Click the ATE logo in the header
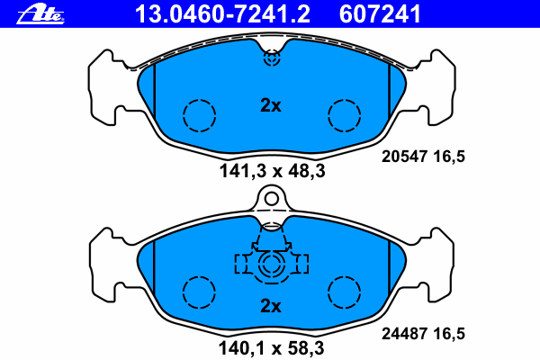pyautogui.click(x=40, y=14)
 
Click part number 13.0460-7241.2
pyautogui.click(x=222, y=14)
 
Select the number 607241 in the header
pyautogui.click(x=380, y=14)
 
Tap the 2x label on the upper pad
pyautogui.click(x=271, y=105)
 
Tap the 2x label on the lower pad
pyautogui.click(x=271, y=305)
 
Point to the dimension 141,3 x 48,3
pyautogui.click(x=272, y=171)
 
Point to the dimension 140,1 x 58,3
pyautogui.click(x=272, y=348)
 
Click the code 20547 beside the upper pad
pyautogui.click(x=404, y=157)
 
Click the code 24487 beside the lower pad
pyautogui.click(x=404, y=334)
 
